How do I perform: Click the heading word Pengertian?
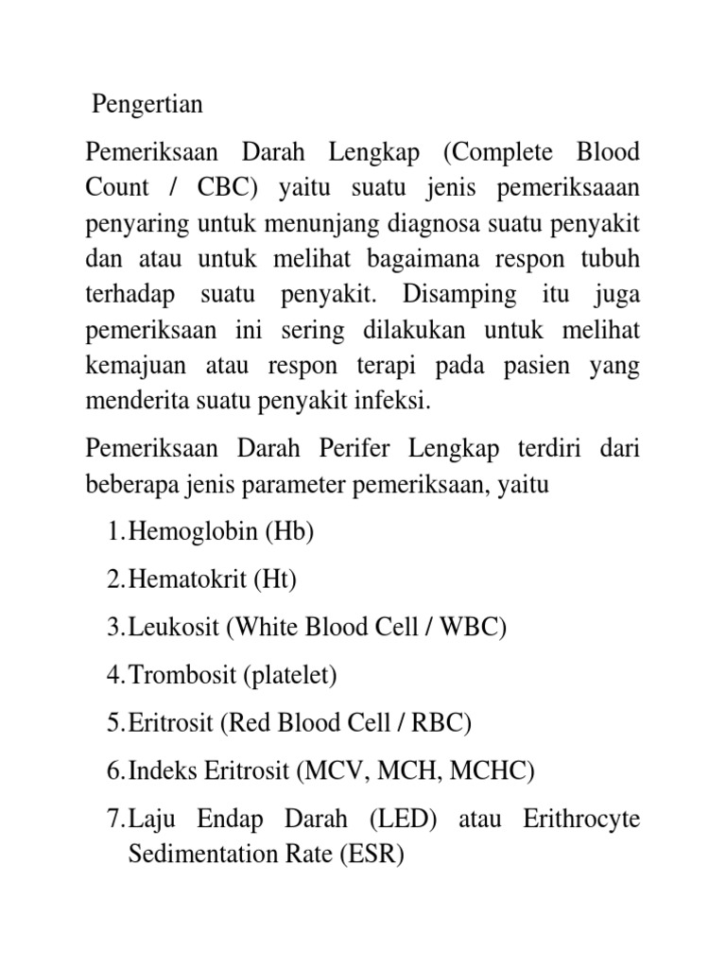pos(147,104)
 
